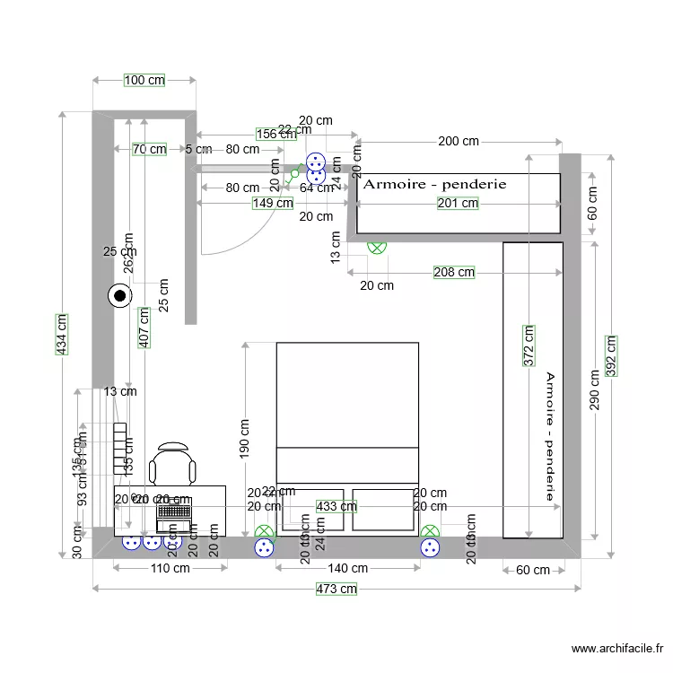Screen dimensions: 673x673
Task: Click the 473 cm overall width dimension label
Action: click(x=336, y=589)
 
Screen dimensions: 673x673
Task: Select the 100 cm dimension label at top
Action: click(x=144, y=80)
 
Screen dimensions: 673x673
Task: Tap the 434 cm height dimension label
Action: click(x=62, y=335)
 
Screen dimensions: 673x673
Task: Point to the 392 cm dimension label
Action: click(x=611, y=357)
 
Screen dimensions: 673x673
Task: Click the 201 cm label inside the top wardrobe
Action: click(x=458, y=204)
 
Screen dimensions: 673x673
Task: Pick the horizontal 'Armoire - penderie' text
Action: click(x=434, y=184)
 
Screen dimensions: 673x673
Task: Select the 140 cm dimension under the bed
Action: click(x=347, y=568)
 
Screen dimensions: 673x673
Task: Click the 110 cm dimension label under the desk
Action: click(x=170, y=568)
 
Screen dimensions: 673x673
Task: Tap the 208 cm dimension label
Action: click(x=454, y=272)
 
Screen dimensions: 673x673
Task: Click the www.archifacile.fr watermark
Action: click(x=618, y=649)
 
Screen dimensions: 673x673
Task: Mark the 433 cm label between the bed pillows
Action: click(x=336, y=507)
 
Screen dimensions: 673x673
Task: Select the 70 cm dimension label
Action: click(x=149, y=149)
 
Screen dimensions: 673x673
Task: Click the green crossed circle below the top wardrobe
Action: click(x=377, y=246)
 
